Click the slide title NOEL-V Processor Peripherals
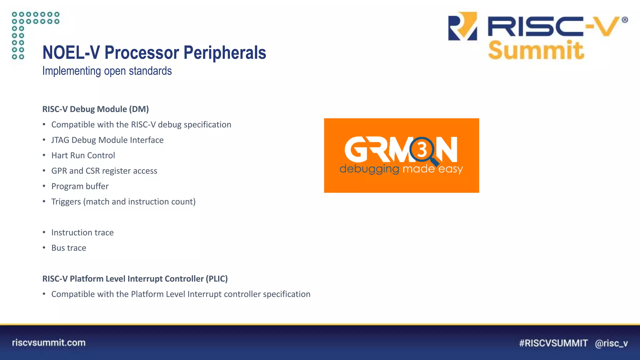[154, 52]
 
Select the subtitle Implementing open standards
[107, 71]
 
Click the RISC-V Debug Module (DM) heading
[95, 109]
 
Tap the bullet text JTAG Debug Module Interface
[107, 140]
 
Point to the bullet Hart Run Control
[83, 155]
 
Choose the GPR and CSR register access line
[104, 171]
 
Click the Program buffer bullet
[80, 186]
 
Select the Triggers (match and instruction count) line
[123, 202]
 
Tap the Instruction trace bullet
[82, 232]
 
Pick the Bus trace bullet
[69, 248]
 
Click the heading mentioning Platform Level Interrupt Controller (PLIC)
[135, 279]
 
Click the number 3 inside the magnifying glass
[422, 150]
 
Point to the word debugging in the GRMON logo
[369, 169]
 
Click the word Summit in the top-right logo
[536, 50]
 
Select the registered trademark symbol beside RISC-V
[625, 20]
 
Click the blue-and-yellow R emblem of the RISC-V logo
[462, 26]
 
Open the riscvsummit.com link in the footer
[49, 342]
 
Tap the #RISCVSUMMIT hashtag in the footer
[553, 343]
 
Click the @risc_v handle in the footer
[611, 343]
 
